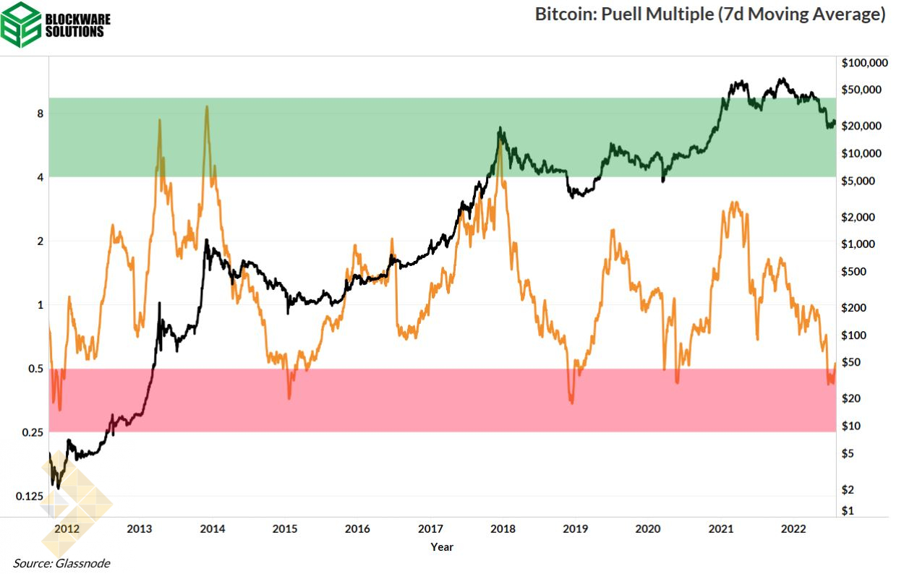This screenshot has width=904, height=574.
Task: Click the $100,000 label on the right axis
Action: tap(864, 63)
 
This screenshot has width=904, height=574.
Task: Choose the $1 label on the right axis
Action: tap(848, 510)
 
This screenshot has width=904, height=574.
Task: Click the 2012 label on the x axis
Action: tap(67, 528)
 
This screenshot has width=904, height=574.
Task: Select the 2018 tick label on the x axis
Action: tap(503, 528)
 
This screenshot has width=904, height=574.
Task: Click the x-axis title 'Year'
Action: tap(442, 547)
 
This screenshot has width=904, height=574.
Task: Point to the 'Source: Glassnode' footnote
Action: tap(61, 563)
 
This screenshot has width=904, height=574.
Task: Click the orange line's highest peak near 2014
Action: tap(207, 107)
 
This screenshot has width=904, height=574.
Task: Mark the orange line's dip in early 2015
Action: tap(289, 398)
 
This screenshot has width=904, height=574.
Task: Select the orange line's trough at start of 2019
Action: tap(571, 403)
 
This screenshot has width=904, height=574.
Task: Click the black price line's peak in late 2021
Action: tap(780, 79)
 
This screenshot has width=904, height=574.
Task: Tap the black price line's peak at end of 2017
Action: tap(499, 129)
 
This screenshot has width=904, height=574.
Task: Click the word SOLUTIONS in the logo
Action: tap(74, 32)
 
